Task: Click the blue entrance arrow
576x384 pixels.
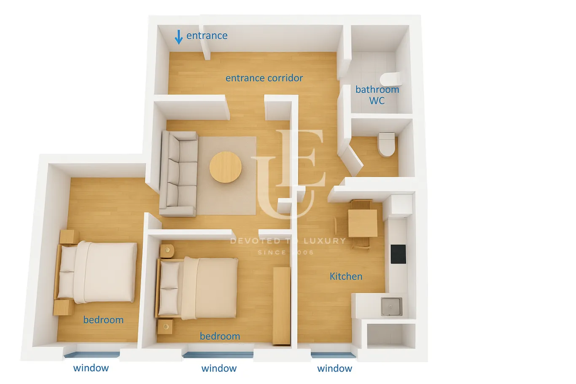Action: tap(178, 37)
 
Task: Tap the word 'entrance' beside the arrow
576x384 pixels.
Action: tap(207, 36)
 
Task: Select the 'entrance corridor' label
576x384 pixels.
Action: tap(264, 78)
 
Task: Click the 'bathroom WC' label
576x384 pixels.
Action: tap(377, 95)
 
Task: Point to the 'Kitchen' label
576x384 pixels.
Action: tap(346, 277)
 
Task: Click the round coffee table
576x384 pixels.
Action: tap(226, 167)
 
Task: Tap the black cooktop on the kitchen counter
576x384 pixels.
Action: tap(398, 254)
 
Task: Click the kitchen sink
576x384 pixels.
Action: tap(391, 306)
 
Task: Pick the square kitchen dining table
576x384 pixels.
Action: tap(363, 223)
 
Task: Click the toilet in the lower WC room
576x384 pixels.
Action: tap(387, 144)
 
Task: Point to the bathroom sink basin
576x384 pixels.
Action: tap(390, 79)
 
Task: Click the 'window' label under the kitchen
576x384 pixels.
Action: tap(334, 368)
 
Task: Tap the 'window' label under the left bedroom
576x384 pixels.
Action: tap(91, 368)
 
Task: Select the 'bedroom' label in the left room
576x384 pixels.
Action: tap(103, 320)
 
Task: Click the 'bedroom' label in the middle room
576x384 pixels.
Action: tap(220, 336)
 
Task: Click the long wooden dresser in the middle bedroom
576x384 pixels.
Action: tap(282, 306)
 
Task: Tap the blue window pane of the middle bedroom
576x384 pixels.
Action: tap(218, 355)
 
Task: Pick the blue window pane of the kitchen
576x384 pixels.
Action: tap(333, 355)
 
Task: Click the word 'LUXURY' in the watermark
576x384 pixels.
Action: tap(324, 241)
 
